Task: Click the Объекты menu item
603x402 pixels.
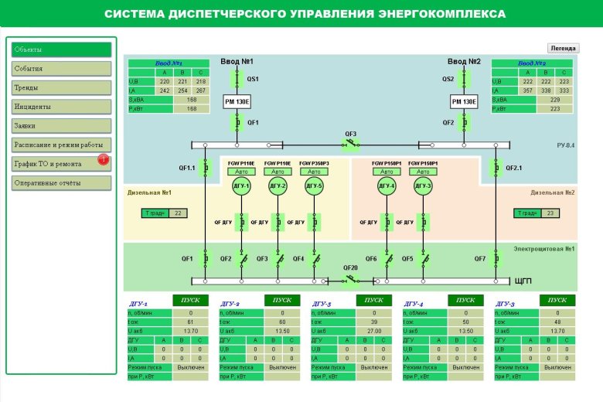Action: click(x=61, y=49)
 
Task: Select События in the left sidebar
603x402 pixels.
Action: click(x=61, y=69)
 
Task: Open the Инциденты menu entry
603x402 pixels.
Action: click(x=61, y=107)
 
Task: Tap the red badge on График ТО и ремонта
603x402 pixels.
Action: click(x=103, y=159)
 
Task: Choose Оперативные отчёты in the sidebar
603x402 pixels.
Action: click(x=61, y=183)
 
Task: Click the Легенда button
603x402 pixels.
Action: click(x=563, y=48)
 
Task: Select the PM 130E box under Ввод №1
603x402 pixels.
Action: click(x=237, y=101)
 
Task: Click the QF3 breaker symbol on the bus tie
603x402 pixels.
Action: click(x=351, y=144)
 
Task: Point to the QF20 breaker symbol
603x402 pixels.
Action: click(x=351, y=279)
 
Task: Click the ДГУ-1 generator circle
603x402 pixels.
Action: click(x=242, y=186)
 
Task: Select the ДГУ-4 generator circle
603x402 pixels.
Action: click(x=387, y=186)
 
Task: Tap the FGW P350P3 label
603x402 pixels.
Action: click(x=313, y=164)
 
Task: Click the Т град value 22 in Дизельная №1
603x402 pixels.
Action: click(x=178, y=213)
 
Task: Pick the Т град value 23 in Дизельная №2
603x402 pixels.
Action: click(x=550, y=213)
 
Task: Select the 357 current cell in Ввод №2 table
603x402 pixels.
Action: click(x=527, y=90)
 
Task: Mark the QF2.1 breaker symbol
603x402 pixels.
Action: click(x=496, y=167)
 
